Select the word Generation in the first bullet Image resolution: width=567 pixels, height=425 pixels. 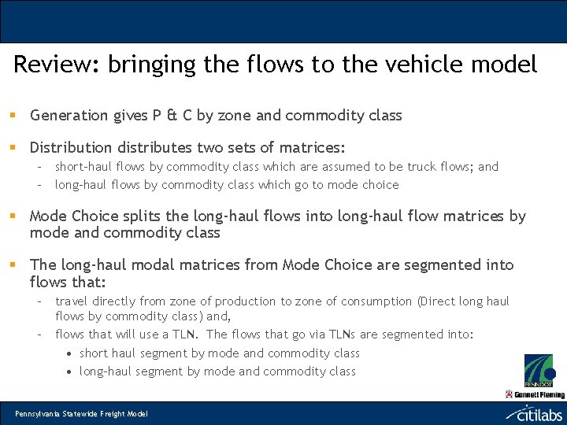[x=69, y=116]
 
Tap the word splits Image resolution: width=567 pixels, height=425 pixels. [x=143, y=216]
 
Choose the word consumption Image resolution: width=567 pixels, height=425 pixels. [x=375, y=301]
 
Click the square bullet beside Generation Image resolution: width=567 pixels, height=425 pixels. [x=13, y=116]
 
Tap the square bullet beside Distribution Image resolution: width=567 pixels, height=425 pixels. [x=13, y=147]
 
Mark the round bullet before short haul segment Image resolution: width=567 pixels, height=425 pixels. [x=70, y=353]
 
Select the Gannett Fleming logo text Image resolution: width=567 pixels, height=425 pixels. [x=539, y=394]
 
